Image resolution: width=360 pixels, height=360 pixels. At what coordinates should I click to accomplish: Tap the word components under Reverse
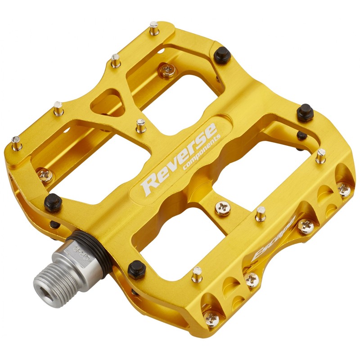[x=201, y=153]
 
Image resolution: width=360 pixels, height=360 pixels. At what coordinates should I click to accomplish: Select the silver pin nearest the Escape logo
[x=260, y=213]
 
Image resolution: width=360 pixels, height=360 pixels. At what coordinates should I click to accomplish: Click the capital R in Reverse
[x=150, y=183]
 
